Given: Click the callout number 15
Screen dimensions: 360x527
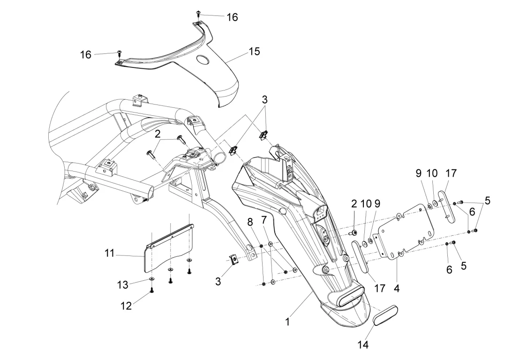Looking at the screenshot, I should tap(254, 51).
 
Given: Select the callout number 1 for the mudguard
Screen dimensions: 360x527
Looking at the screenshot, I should tap(288, 322).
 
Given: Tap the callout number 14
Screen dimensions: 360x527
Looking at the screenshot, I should tap(363, 345).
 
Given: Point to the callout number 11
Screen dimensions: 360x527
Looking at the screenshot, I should tap(110, 253).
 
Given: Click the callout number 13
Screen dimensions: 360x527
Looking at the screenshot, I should tap(123, 285).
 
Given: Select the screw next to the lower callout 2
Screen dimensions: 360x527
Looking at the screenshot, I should tap(354, 232).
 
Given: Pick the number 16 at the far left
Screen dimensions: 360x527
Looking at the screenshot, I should tap(85, 54).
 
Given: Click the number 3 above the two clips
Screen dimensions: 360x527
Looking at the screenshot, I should tap(265, 100).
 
